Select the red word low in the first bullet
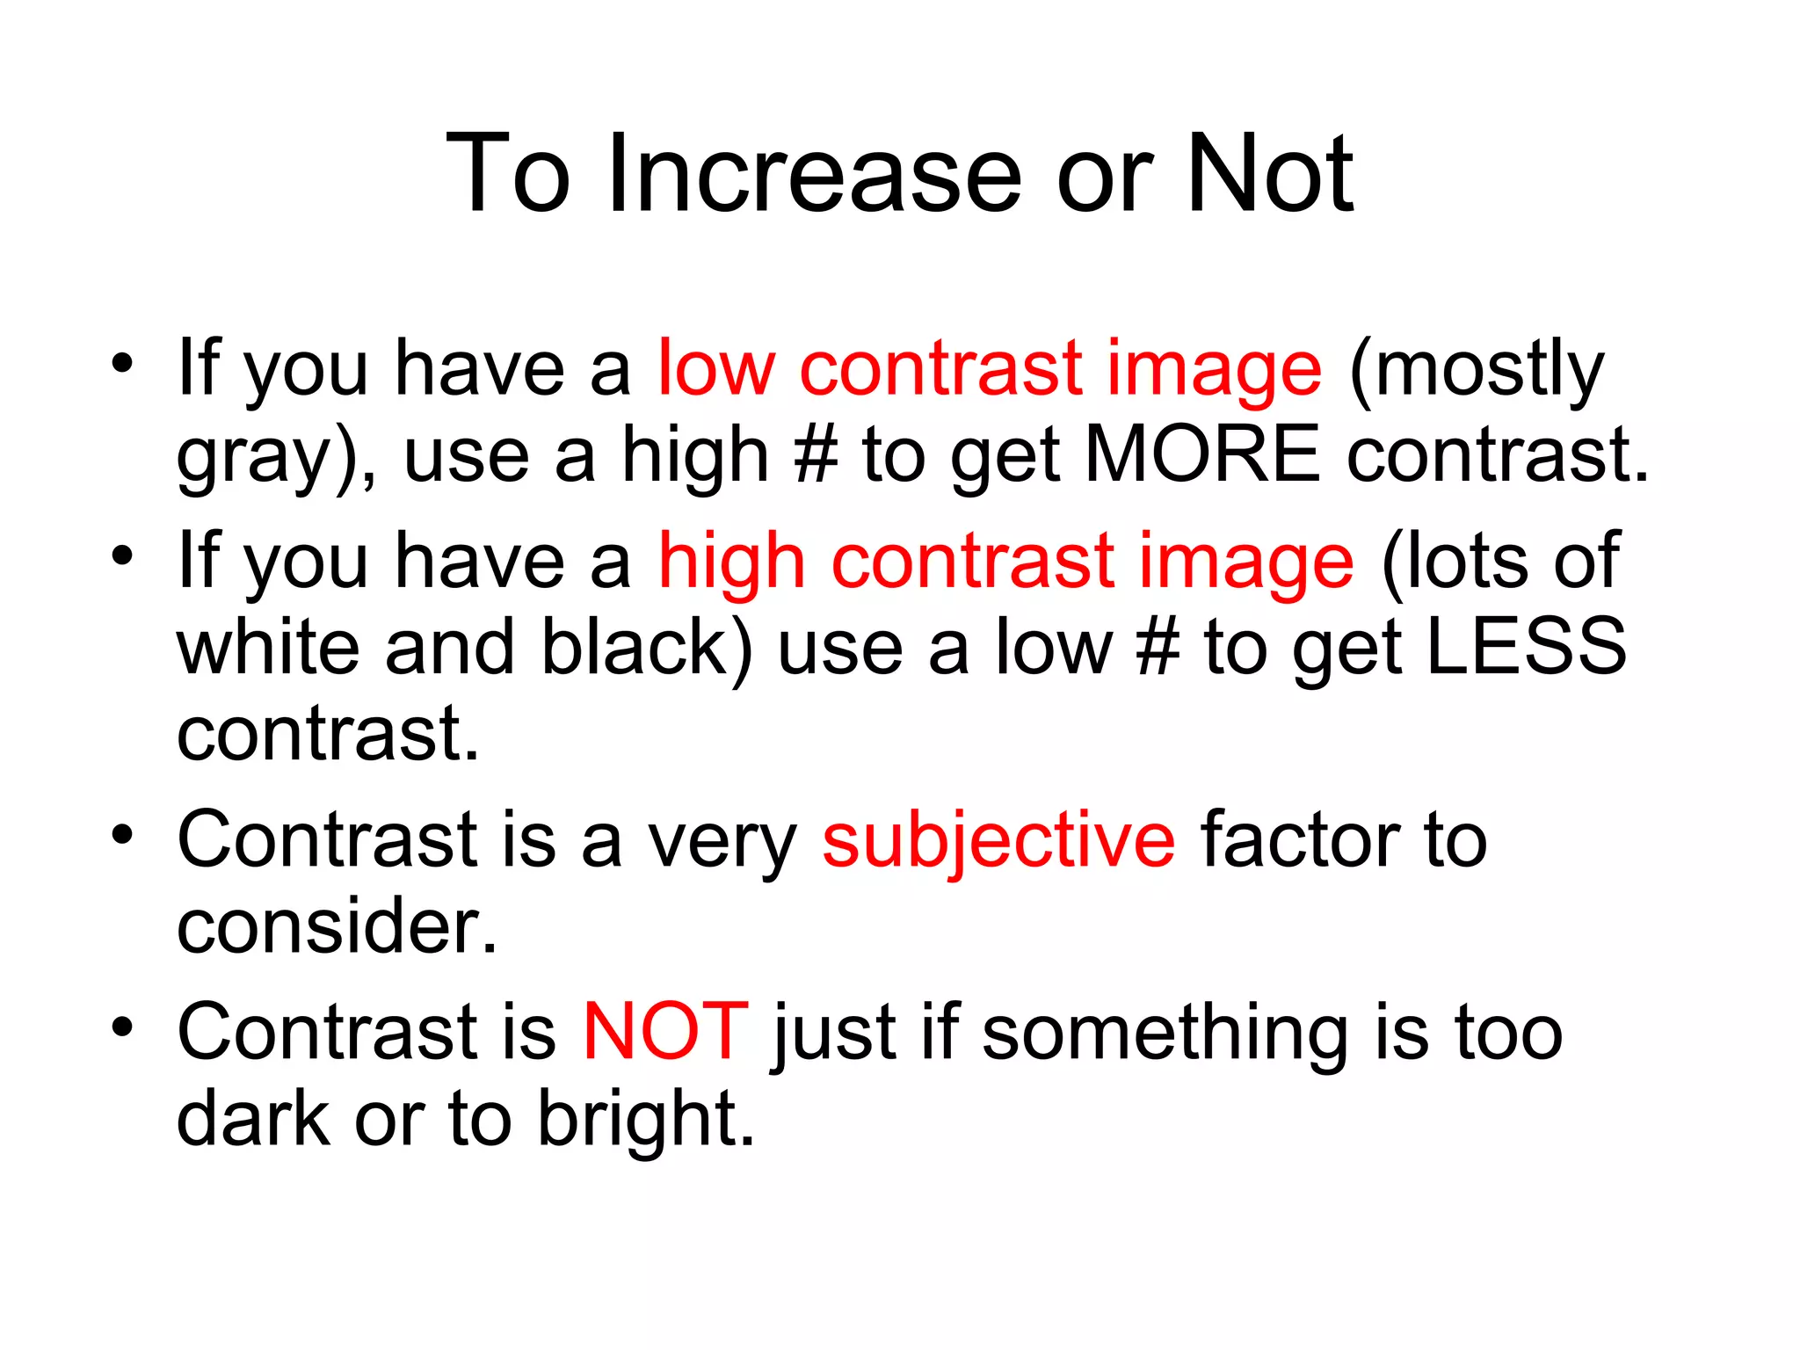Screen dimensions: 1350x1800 (715, 369)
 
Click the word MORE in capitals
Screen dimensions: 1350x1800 (1201, 454)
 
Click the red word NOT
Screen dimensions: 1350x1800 (665, 1032)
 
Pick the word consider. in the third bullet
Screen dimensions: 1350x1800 (337, 926)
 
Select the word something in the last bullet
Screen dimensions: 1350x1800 (1165, 1034)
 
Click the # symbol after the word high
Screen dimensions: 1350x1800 (815, 454)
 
